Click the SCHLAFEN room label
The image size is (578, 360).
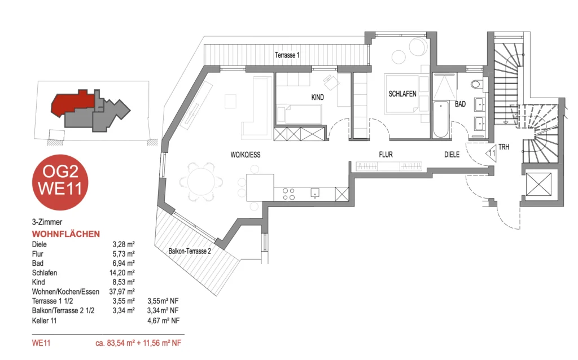point(402,94)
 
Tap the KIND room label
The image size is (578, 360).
point(317,97)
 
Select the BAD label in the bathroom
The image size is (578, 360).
point(460,104)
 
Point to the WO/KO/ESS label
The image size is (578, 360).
point(246,155)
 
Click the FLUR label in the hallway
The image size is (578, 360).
point(386,155)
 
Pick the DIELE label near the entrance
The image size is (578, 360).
point(452,155)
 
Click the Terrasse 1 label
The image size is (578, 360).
point(287,55)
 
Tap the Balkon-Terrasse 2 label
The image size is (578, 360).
point(190,251)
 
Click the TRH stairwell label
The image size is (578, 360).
point(503,147)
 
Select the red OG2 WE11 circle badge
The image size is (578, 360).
point(60,182)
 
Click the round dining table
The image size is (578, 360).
point(201,182)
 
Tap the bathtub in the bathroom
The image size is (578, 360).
point(441,119)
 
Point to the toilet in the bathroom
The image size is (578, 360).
point(477,85)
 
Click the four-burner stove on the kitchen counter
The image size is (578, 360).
point(288,194)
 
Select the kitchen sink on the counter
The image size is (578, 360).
point(315,193)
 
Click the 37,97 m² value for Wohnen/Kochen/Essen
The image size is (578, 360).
point(124,292)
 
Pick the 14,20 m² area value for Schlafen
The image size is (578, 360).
point(124,273)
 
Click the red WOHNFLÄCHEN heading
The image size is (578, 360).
point(66,234)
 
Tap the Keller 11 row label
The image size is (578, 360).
point(44,321)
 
